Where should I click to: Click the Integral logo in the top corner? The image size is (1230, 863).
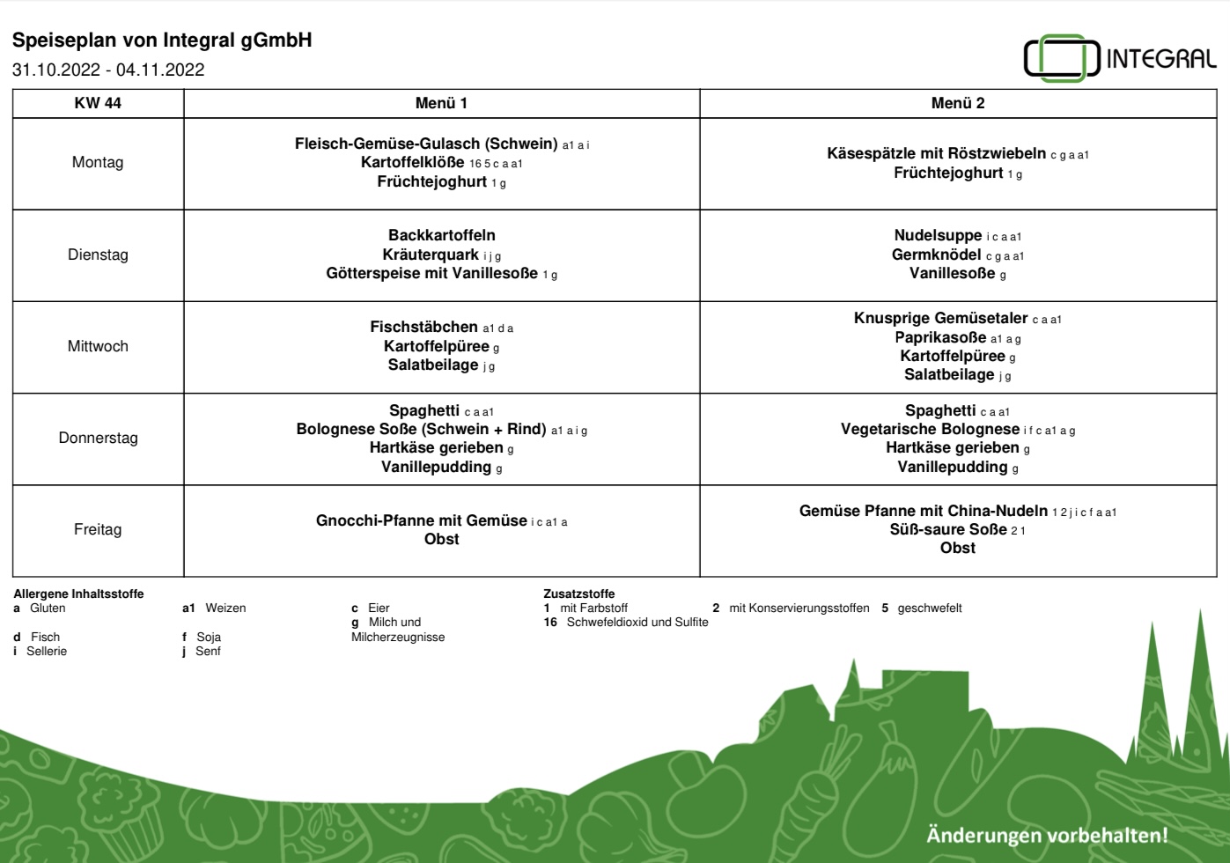[x=1120, y=57]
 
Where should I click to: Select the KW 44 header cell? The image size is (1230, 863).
[x=98, y=103]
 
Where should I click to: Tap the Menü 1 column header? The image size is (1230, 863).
[x=441, y=103]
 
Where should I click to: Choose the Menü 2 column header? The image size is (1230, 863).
[x=958, y=103]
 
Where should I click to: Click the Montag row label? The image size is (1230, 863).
[x=98, y=163]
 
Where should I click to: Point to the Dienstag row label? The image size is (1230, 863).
[x=98, y=254]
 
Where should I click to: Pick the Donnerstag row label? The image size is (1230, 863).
[x=98, y=438]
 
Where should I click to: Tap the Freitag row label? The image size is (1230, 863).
[x=98, y=529]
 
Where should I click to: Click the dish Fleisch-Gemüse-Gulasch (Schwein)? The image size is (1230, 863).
[x=426, y=144]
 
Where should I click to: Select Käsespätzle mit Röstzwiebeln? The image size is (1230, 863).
[x=936, y=153]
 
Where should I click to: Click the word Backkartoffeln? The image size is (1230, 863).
[x=441, y=235]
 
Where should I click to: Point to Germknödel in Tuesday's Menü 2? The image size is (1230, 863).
[x=936, y=254]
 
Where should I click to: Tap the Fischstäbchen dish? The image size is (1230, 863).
[x=424, y=327]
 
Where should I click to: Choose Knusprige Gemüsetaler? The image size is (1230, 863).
[x=940, y=318]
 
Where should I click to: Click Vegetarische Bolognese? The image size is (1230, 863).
[x=930, y=429]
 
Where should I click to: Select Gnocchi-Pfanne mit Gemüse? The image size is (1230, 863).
[x=421, y=520]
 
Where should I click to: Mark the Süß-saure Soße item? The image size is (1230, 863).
[x=948, y=529]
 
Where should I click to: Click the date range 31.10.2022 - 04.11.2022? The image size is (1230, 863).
[x=108, y=70]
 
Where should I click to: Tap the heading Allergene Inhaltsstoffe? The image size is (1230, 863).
[x=78, y=594]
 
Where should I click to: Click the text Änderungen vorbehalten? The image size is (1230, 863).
[x=1047, y=836]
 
